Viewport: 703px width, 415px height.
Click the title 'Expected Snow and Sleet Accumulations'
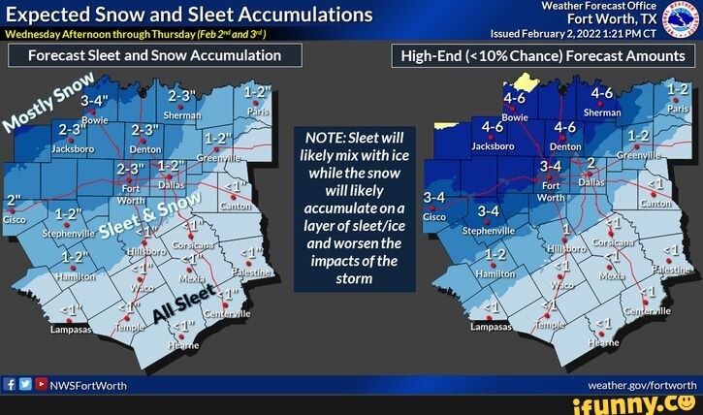[x=190, y=15]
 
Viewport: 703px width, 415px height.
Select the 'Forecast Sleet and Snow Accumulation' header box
[x=154, y=55]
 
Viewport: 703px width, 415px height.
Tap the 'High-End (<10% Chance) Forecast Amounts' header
[x=542, y=55]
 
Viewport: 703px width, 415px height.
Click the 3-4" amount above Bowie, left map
[x=95, y=100]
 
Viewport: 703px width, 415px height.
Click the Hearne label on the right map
[x=602, y=342]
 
